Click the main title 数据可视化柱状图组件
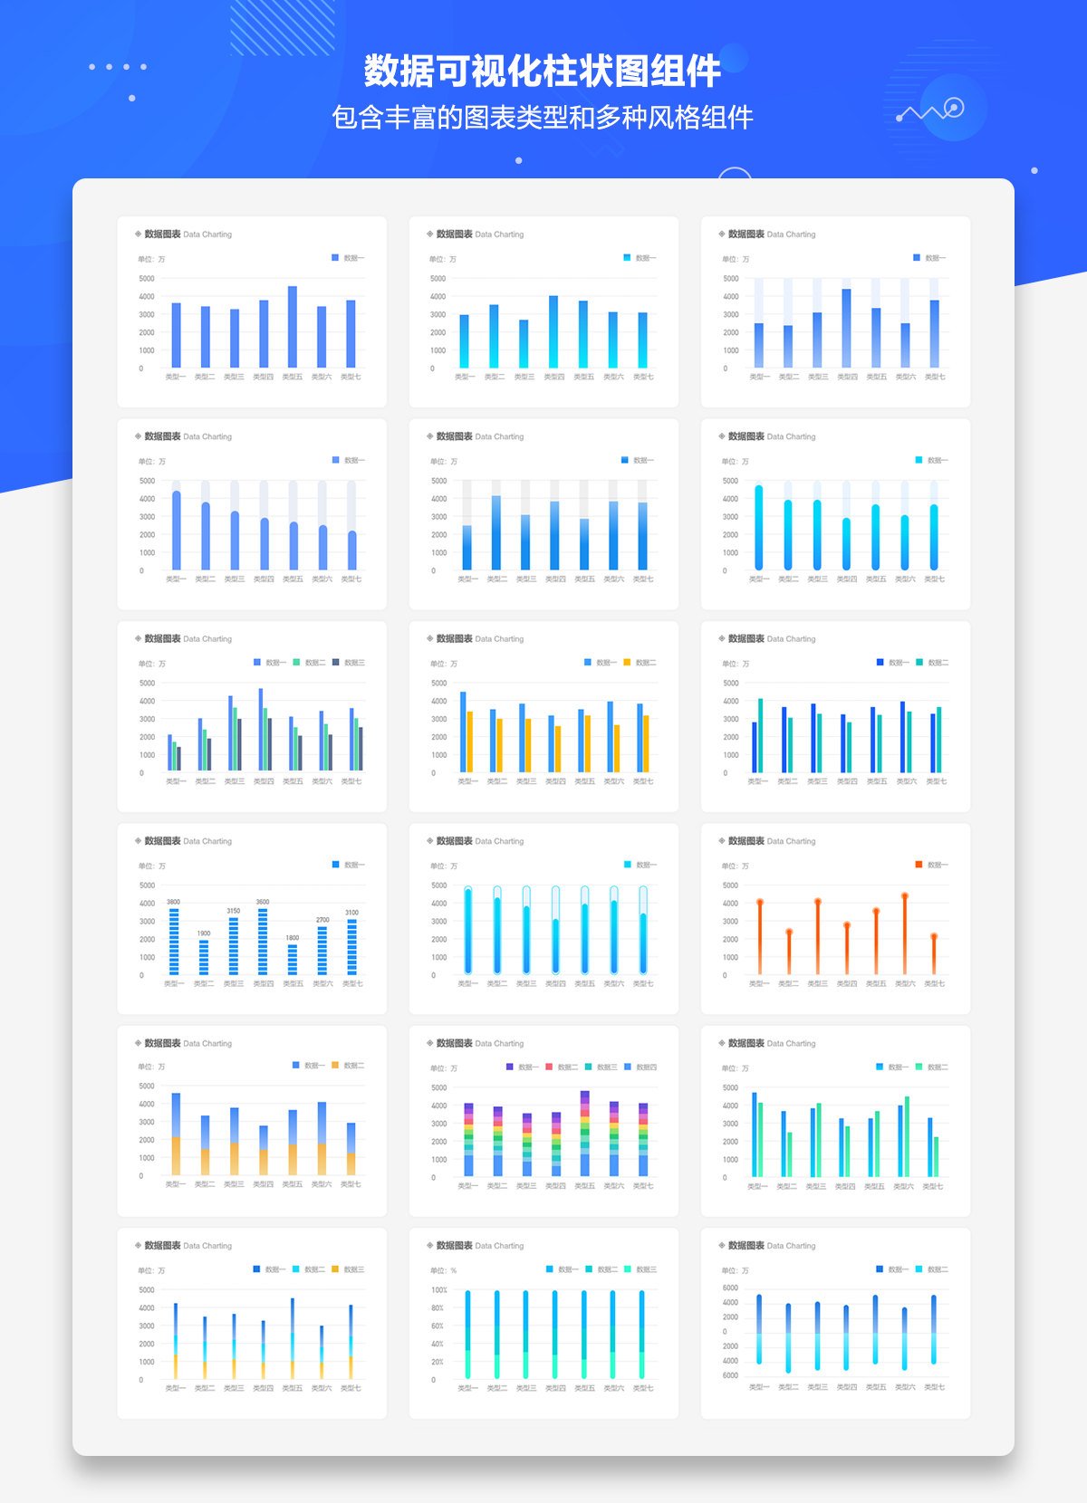coord(542,71)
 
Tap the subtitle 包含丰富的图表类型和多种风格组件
coord(542,118)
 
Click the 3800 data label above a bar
coord(173,902)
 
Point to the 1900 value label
coord(204,933)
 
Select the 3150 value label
coord(234,911)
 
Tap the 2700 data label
coord(322,920)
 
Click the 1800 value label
coord(293,938)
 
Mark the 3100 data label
coord(351,913)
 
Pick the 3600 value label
coord(263,902)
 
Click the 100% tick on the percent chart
coord(439,1290)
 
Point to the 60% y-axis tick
coord(438,1326)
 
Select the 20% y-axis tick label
coord(438,1362)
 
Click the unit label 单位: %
coord(444,1270)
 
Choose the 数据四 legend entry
coord(646,1067)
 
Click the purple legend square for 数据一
coord(510,1067)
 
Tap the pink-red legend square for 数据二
coord(549,1067)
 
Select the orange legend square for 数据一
coord(919,865)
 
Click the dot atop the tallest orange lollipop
coord(905,896)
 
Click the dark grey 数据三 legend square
coord(336,662)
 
